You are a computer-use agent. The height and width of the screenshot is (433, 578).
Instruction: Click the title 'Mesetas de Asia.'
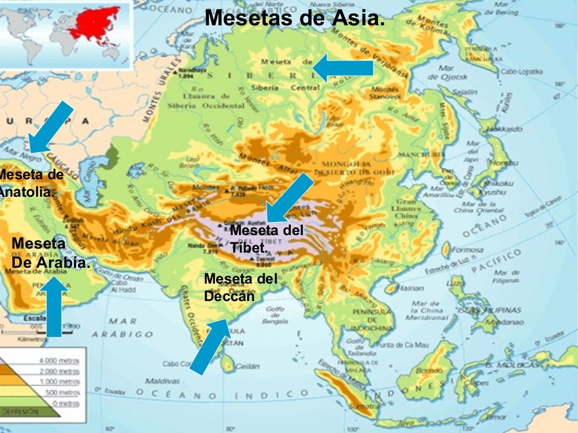[295, 18]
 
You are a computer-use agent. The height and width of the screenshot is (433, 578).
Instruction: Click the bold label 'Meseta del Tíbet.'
[266, 238]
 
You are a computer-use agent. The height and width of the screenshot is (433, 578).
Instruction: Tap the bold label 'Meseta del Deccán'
[240, 287]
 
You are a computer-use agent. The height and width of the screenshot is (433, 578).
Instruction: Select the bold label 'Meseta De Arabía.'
[50, 253]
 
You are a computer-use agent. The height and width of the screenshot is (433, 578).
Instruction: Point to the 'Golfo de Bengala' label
[274, 313]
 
